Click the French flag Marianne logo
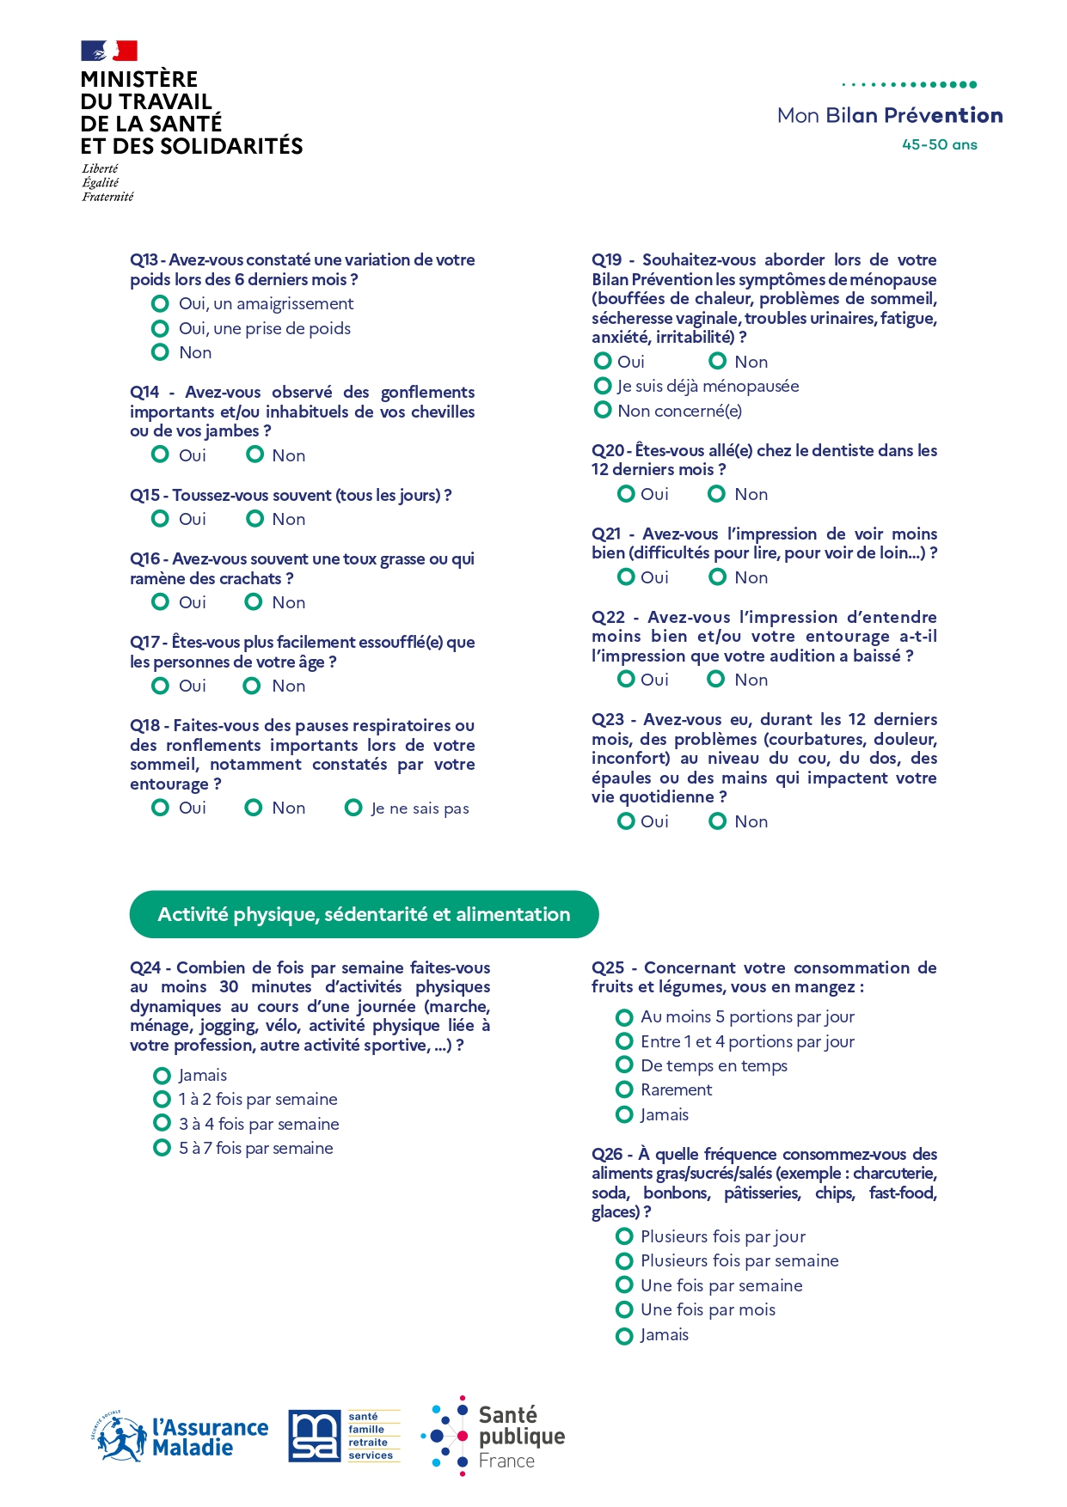pyautogui.click(x=109, y=51)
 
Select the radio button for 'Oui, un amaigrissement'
pyautogui.click(x=160, y=303)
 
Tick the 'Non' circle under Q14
pyautogui.click(x=254, y=455)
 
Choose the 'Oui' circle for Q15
pyautogui.click(x=160, y=518)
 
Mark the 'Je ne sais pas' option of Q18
pyautogui.click(x=353, y=808)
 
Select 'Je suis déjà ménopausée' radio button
pyautogui.click(x=603, y=386)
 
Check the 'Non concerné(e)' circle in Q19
pyautogui.click(x=603, y=410)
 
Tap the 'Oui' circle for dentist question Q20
pyautogui.click(x=626, y=494)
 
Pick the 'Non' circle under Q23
pyautogui.click(x=717, y=821)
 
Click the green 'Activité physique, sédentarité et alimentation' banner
pyautogui.click(x=364, y=914)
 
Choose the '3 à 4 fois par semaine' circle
pyautogui.click(x=162, y=1123)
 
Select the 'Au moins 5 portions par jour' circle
pyautogui.click(x=624, y=1017)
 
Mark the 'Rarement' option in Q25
pyautogui.click(x=624, y=1089)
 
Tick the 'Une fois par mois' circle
pyautogui.click(x=624, y=1309)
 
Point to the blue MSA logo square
pyautogui.click(x=314, y=1436)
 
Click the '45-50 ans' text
pyautogui.click(x=939, y=144)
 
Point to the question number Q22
pyautogui.click(x=608, y=617)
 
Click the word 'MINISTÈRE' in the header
pyautogui.click(x=139, y=79)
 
